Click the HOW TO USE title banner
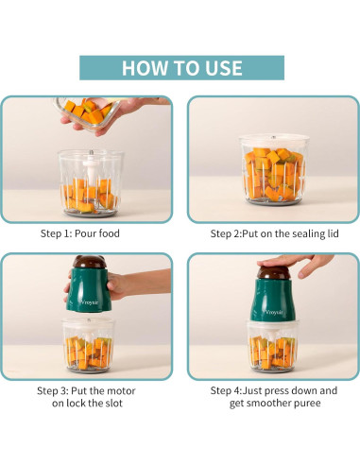(x=180, y=68)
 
